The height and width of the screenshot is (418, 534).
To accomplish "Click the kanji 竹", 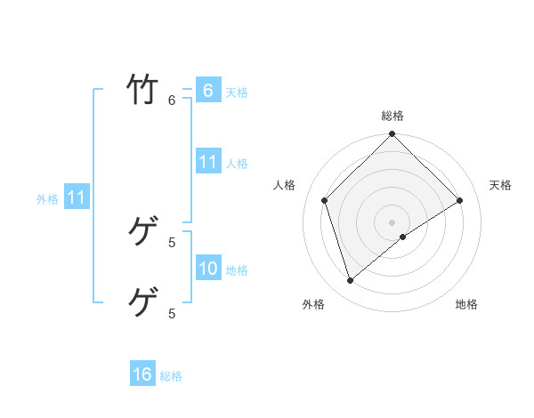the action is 142,90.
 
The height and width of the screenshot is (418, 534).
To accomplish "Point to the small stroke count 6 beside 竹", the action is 173,100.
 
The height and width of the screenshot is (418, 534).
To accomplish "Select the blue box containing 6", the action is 207,91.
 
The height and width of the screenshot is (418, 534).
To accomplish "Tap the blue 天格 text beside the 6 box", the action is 237,92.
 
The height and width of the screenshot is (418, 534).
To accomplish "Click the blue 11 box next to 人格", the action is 207,162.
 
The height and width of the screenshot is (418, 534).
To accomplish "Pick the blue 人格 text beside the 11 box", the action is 237,164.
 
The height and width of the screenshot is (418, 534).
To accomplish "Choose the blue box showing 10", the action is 207,269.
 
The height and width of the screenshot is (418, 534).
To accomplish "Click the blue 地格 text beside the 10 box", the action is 237,270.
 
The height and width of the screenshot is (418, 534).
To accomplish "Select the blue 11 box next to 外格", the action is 76,197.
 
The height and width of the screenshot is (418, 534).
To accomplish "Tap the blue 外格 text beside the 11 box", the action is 47,199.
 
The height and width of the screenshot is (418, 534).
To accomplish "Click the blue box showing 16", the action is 142,374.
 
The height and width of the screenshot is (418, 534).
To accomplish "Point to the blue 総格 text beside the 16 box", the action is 171,376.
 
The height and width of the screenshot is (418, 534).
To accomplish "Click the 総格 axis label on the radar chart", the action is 392,116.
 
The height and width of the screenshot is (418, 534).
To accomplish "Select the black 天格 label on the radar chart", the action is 500,185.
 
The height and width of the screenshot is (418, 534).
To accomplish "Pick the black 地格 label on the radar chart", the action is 466,304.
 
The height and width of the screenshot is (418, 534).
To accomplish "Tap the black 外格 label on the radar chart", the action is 313,304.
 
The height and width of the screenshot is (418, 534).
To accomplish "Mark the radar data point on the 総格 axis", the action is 392,135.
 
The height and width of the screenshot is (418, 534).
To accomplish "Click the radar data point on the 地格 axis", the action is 403,237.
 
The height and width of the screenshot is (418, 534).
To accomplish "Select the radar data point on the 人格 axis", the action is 325,200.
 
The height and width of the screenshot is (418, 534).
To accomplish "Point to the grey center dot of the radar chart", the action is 392,221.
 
